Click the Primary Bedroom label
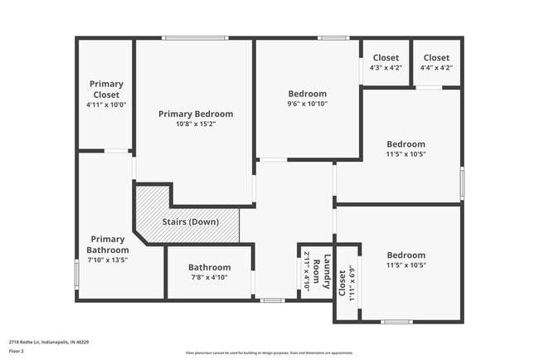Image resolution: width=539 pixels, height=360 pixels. [x=196, y=114]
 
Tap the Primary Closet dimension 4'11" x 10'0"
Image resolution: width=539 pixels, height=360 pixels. [x=106, y=105]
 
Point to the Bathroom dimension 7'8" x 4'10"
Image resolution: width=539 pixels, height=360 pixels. [x=209, y=278]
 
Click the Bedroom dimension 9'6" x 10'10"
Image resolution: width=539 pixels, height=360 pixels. [x=307, y=105]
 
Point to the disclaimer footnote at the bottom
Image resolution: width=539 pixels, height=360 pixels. [x=269, y=353]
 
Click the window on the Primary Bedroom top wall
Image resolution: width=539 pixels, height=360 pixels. [x=195, y=38]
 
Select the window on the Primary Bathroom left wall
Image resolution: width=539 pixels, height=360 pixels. [x=77, y=274]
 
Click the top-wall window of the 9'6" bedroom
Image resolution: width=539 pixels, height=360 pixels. [x=333, y=38]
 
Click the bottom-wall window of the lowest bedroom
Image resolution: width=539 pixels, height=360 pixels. [x=396, y=321]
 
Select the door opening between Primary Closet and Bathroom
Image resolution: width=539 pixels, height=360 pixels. [x=116, y=151]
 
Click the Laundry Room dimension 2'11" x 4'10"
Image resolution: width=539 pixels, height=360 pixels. [x=306, y=269]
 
